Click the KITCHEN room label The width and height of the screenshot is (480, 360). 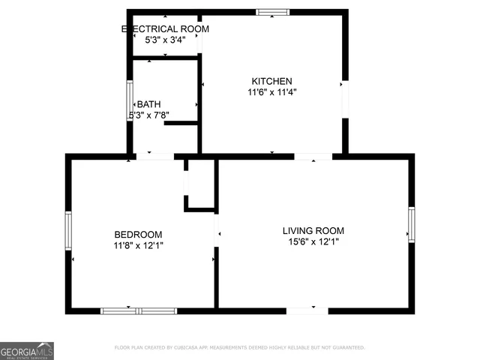tap(271, 81)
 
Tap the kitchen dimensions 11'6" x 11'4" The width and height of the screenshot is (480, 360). tap(271, 93)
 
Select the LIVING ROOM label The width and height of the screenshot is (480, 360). tap(313, 230)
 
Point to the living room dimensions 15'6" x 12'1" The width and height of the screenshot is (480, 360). tap(313, 242)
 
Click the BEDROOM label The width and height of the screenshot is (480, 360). tap(138, 234)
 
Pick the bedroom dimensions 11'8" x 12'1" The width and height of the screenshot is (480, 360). tap(138, 245)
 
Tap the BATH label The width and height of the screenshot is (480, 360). tap(148, 104)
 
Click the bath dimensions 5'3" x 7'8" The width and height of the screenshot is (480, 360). tap(149, 115)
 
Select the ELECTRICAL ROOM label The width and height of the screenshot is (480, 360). tap(165, 28)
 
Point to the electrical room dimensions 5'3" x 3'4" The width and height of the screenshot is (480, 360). tap(165, 40)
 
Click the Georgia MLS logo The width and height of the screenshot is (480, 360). tap(27, 350)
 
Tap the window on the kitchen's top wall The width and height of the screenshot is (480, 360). tap(272, 12)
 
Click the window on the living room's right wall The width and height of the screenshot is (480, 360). tap(411, 225)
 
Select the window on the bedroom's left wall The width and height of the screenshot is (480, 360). tap(68, 230)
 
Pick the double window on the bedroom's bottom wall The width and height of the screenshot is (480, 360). tap(139, 310)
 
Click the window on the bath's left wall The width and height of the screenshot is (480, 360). tap(129, 97)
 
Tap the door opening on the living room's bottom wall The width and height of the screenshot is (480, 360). tap(307, 310)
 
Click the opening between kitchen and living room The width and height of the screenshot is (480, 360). tap(313, 157)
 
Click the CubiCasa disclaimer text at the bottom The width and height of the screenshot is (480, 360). tap(239, 348)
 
